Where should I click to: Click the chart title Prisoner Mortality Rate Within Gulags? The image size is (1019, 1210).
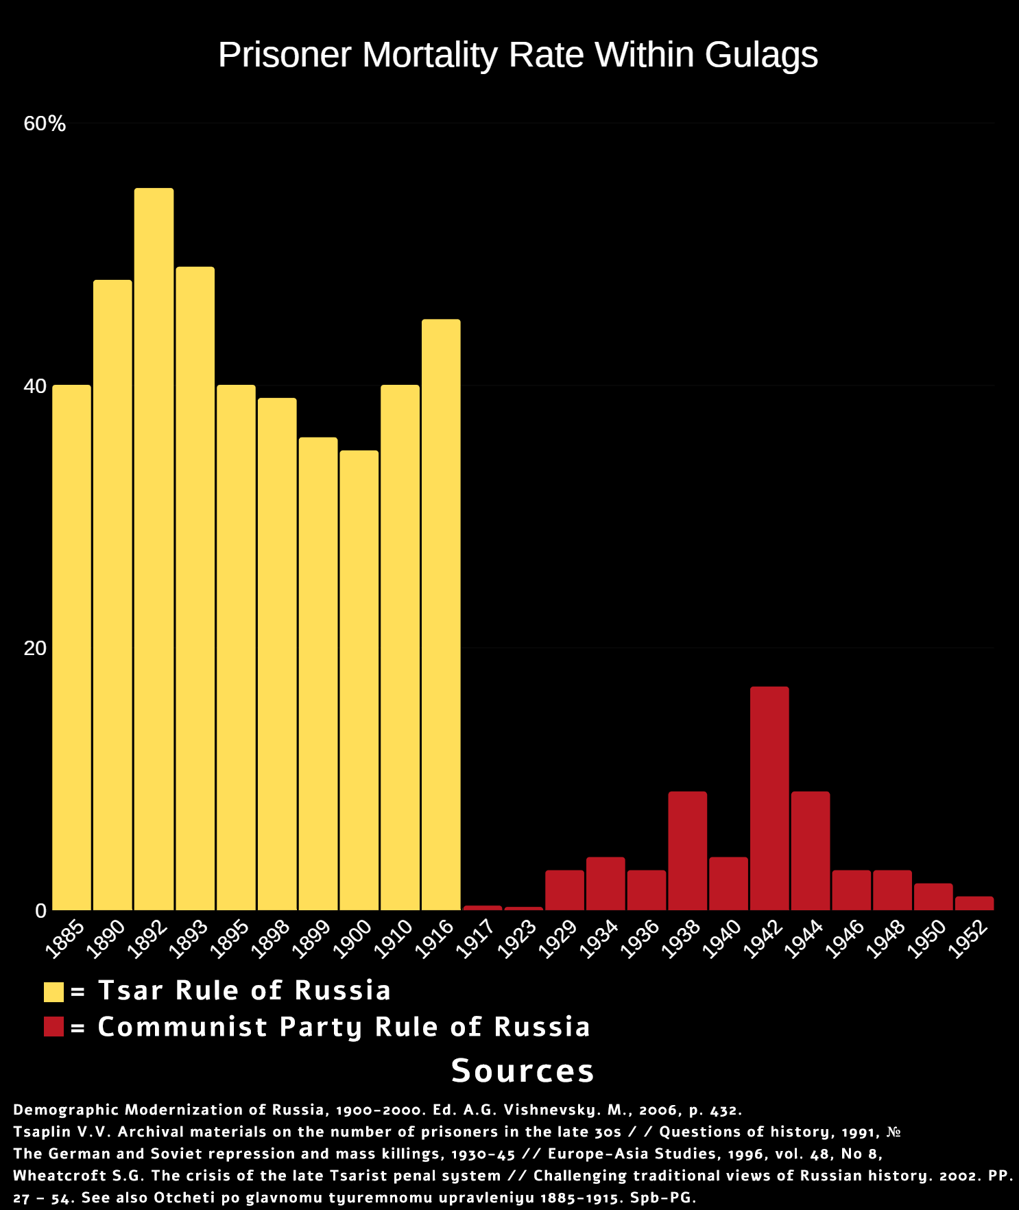[x=518, y=55]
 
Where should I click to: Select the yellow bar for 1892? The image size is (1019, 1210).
[x=154, y=549]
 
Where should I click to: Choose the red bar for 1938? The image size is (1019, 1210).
[x=687, y=851]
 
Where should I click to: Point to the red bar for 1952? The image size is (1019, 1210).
[x=974, y=903]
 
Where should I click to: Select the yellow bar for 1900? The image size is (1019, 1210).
[x=359, y=680]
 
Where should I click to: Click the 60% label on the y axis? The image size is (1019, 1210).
[x=45, y=123]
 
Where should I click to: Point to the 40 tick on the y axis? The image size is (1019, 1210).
[x=35, y=386]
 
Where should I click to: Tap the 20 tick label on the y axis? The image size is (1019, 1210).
[x=35, y=648]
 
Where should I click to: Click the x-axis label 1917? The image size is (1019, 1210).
[x=475, y=938]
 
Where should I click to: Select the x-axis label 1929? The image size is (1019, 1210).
[x=558, y=938]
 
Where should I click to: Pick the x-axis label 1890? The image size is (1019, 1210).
[x=106, y=938]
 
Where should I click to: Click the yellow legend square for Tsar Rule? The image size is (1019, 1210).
[x=53, y=992]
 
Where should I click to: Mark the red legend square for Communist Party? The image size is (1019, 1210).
[x=53, y=1027]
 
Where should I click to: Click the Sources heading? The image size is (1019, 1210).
[x=523, y=1071]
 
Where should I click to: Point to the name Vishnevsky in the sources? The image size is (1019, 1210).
[x=547, y=1110]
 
